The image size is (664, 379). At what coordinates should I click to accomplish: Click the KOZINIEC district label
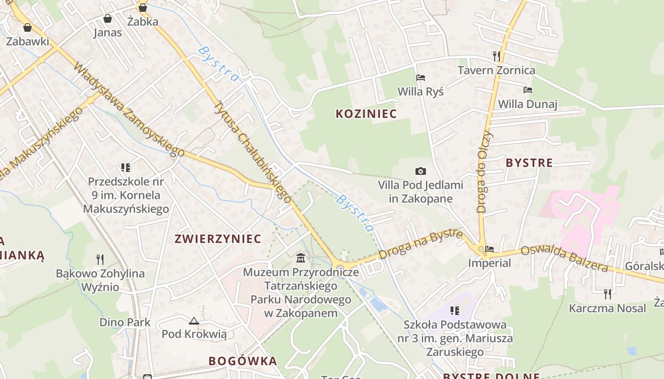coord(366,114)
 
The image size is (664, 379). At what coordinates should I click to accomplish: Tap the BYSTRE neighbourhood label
coord(529,163)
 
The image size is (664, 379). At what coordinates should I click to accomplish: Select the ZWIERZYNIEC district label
coord(218,239)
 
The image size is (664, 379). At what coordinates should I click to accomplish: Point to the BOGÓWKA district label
coord(243,361)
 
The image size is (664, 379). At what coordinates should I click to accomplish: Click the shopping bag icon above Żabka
coord(142,8)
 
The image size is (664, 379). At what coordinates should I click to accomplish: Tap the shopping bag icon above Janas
coord(108,18)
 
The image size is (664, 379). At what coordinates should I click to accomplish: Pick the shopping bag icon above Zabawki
coord(28,27)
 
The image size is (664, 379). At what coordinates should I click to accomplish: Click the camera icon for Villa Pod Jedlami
coord(420,171)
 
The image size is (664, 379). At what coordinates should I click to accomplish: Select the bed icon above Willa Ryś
coord(420,77)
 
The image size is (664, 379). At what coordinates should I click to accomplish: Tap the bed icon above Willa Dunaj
coord(527,90)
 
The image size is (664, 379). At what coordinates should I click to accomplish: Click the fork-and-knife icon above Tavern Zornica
coord(497,56)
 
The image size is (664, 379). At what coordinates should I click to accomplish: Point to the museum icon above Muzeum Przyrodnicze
coord(301,258)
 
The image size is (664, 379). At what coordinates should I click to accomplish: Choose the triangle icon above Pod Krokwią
coord(194,321)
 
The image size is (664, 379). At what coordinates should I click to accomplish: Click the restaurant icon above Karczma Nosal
coord(607,294)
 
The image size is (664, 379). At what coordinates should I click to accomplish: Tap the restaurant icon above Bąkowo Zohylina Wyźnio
coord(100,259)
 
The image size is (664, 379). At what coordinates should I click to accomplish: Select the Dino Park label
coord(125,322)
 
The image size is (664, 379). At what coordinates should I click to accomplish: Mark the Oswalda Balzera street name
coord(564,259)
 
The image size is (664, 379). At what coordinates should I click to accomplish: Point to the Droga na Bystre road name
coord(421,244)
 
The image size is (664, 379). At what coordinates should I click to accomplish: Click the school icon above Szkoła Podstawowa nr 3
coord(455,311)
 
